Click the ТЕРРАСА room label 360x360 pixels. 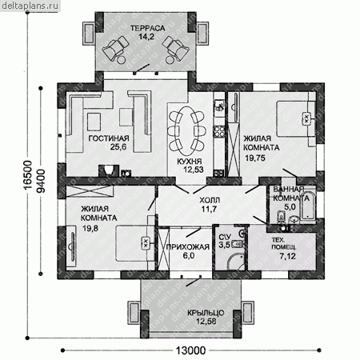pos(148,28)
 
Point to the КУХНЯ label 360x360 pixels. pos(190,162)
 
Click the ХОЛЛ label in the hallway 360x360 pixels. pos(210,200)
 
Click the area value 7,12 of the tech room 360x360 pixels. pos(287,256)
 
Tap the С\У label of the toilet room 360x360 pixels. pos(225,237)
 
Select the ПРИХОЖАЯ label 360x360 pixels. pos(188,247)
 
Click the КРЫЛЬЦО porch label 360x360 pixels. pos(206,313)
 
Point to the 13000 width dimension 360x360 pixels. pos(190,350)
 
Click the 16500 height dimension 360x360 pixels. pos(28,175)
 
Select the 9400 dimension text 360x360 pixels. pos(41,181)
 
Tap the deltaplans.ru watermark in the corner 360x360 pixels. pos(30,6)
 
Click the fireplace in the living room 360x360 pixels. pos(109,170)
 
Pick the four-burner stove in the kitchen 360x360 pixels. pos(219,131)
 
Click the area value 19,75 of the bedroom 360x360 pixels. pos(255,158)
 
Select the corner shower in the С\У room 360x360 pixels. pos(236,262)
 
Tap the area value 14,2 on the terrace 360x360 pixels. pos(146,37)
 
